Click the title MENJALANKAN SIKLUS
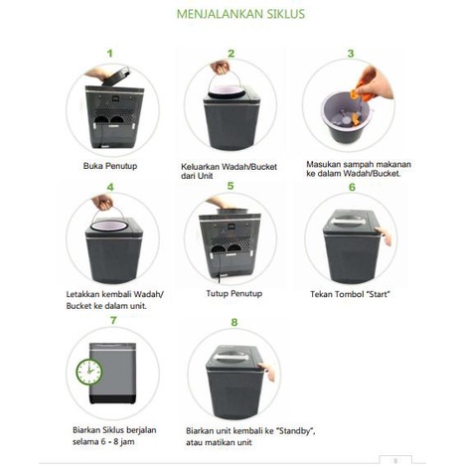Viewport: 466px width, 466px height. [x=239, y=16]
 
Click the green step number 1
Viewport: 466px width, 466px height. [x=110, y=53]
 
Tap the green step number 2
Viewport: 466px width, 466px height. [x=231, y=53]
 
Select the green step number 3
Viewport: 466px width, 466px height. [x=350, y=53]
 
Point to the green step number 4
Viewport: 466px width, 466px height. [x=110, y=186]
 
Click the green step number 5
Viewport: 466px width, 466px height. [x=231, y=186]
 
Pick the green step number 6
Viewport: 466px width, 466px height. [x=351, y=186]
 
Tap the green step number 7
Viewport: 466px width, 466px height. [x=113, y=320]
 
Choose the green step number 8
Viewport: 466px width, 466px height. [x=233, y=321]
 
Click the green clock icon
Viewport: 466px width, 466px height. [x=88, y=372]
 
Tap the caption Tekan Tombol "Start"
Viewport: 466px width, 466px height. [x=351, y=296]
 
